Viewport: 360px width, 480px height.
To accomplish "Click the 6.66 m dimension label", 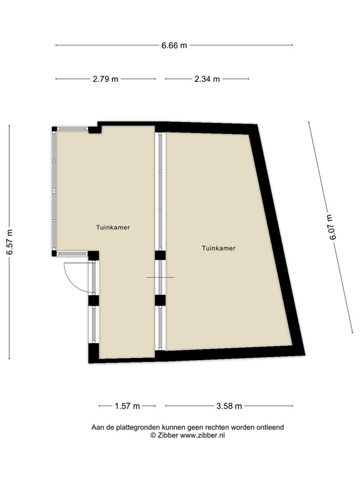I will click(x=174, y=45).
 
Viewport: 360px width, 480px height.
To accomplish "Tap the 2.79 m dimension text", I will click(x=106, y=79).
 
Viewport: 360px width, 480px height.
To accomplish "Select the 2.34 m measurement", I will click(x=207, y=79).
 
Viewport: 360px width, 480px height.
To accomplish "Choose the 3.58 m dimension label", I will click(x=229, y=406).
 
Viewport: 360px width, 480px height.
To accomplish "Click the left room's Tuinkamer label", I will click(x=113, y=227).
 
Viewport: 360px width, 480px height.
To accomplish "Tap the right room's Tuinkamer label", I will click(x=219, y=248).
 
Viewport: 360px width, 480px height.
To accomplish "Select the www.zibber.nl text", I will click(x=202, y=435).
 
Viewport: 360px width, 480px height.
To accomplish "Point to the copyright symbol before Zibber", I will click(x=153, y=436).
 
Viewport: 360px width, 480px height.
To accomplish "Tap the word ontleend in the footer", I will click(x=269, y=427).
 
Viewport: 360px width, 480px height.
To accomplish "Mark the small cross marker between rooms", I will click(x=160, y=277).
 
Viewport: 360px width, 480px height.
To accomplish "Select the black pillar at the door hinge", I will click(x=93, y=255).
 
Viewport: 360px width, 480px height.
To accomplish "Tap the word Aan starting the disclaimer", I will click(x=97, y=427).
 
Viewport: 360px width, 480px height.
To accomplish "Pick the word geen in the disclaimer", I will click(x=193, y=427).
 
